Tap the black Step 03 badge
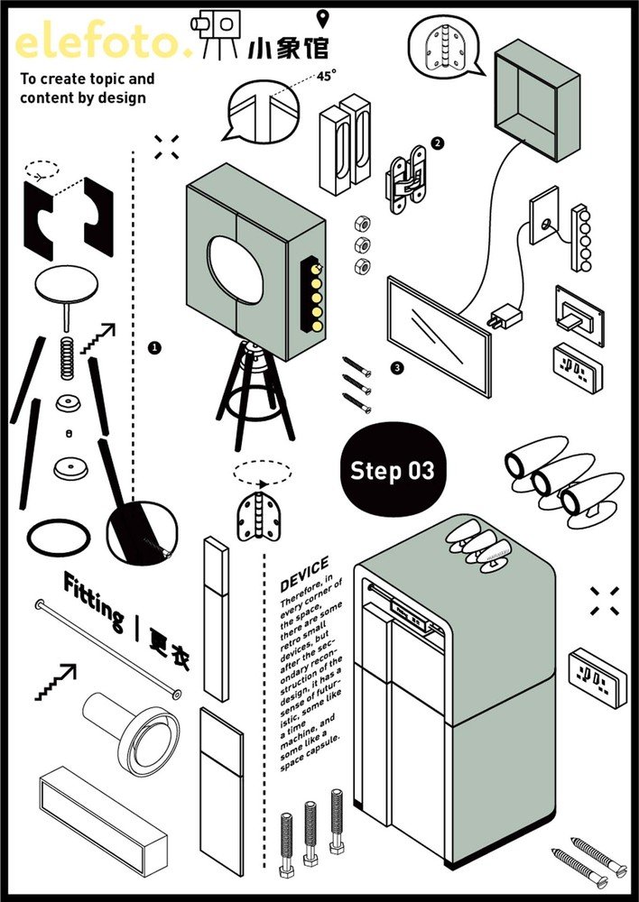point(392,470)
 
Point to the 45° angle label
point(325,77)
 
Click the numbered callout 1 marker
point(154,346)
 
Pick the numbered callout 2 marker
point(438,143)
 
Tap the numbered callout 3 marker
point(396,368)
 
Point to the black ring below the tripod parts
point(59,538)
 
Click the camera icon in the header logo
point(217,23)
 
